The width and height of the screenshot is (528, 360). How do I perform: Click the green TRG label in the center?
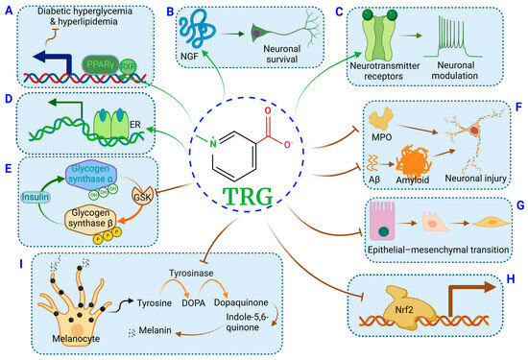pyautogui.click(x=265, y=195)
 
